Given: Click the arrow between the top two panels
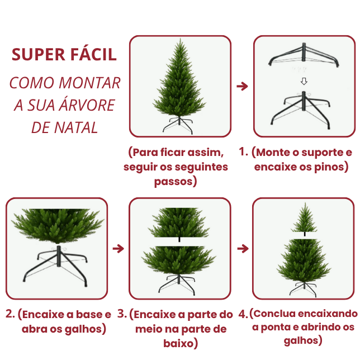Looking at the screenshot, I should tap(242, 87).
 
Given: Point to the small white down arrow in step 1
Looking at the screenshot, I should tap(304, 81).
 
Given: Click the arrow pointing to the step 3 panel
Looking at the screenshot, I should tap(118, 248).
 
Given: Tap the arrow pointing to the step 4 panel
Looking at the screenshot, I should tap(242, 248).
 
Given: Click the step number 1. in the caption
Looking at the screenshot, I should tap(243, 151).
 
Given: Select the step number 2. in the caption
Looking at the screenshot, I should tap(11, 314).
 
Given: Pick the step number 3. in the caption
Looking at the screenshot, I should tap(122, 314).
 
